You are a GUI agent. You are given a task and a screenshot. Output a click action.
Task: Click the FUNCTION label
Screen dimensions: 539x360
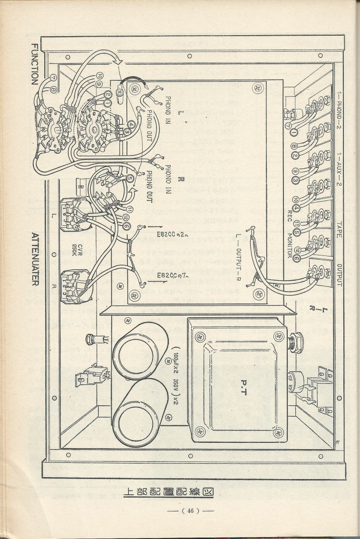[x=34, y=64]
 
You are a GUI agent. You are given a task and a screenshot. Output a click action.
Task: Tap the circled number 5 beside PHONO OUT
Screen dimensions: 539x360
[x=130, y=178]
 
